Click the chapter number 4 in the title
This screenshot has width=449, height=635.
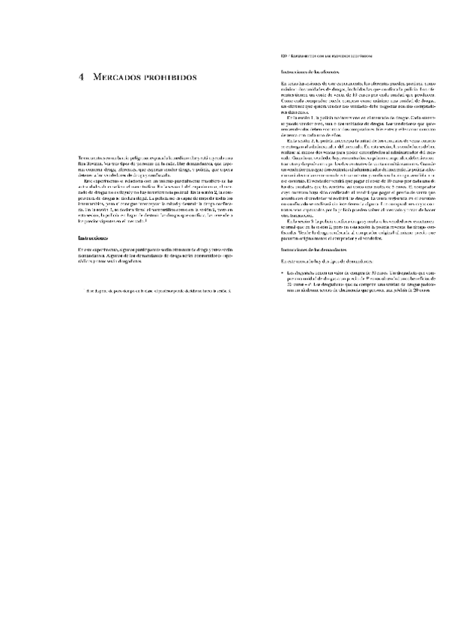pyautogui.click(x=81, y=77)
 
